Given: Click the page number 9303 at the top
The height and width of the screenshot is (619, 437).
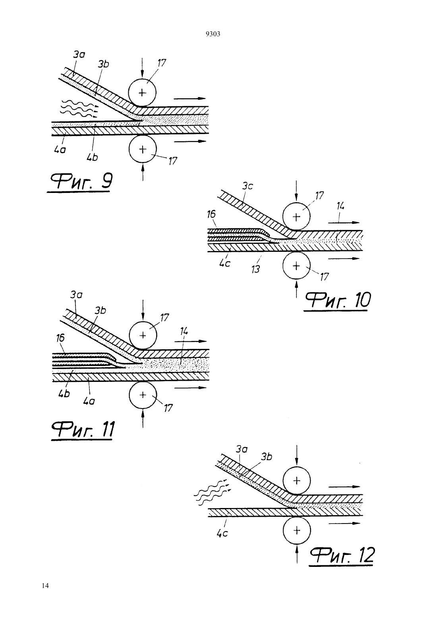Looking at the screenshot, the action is tap(213, 34).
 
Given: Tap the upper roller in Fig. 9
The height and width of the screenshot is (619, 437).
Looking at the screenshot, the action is tap(142, 93).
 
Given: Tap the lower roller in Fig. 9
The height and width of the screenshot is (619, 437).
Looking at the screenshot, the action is tap(143, 150).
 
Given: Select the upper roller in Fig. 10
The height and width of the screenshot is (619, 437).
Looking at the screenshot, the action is tap(296, 217).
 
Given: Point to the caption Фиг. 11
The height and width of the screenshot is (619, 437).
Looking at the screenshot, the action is tap(83, 429).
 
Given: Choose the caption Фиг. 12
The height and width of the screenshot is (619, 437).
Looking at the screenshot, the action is tap(342, 555).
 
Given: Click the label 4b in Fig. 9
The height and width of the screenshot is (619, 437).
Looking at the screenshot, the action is tap(92, 158).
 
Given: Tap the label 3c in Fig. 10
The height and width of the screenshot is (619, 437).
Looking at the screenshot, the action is tap(248, 186).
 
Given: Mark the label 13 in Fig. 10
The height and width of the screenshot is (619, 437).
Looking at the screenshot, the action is tap(255, 269).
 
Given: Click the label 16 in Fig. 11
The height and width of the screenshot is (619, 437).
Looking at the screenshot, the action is tap(60, 338).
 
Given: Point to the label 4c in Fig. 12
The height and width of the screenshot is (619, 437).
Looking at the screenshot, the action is tap(222, 533).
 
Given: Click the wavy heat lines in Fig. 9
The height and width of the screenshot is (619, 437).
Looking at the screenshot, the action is tap(79, 109).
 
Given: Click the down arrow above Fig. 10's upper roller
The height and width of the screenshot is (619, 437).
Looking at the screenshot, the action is tap(296, 191).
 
